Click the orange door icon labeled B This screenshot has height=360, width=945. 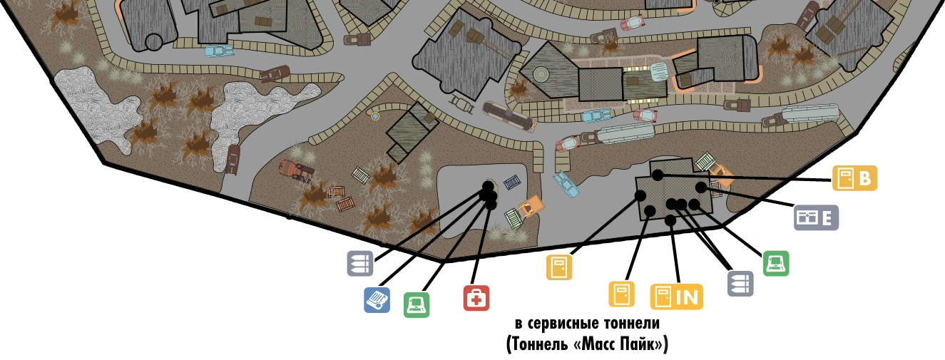pos(855,178)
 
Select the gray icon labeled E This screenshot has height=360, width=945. pos(817,217)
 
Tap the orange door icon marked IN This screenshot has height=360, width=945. pos(676,297)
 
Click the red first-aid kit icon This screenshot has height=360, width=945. pos(476,298)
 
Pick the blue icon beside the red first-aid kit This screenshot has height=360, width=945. pos(377,300)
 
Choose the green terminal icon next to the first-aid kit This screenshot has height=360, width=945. pos(417,305)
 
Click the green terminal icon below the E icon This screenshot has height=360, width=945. pos(776,263)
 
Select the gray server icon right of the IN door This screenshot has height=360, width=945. pos(740,283)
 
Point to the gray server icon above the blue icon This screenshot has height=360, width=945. pos(360,264)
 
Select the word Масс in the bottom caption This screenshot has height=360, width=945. pos(593,344)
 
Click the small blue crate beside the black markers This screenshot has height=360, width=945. pos(513,183)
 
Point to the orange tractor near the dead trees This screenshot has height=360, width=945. pos(297,170)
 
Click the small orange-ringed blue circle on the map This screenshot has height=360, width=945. pos(375,115)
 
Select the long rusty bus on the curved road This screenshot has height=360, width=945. pos(508,115)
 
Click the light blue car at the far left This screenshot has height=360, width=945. pos(219,51)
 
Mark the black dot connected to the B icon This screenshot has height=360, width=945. pos(658,175)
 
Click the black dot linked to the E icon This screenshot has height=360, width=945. pos(701,187)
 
